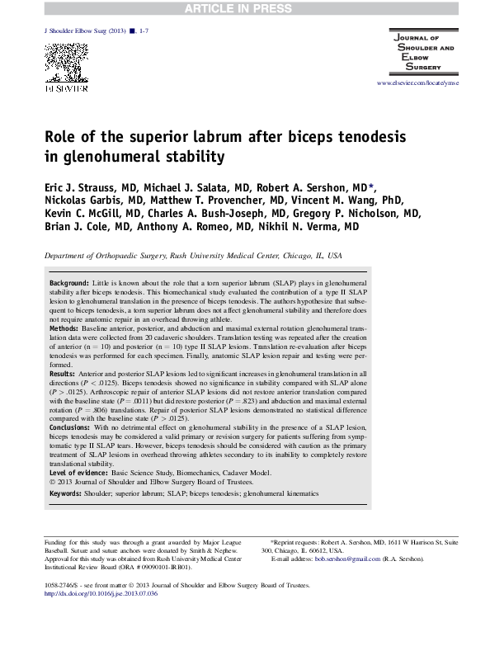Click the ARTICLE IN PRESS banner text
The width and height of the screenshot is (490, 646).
click(x=244, y=9)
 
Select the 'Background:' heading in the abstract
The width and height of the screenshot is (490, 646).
click(x=69, y=281)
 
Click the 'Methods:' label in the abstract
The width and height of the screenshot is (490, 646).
click(x=64, y=328)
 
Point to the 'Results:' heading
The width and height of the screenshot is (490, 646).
click(x=64, y=374)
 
